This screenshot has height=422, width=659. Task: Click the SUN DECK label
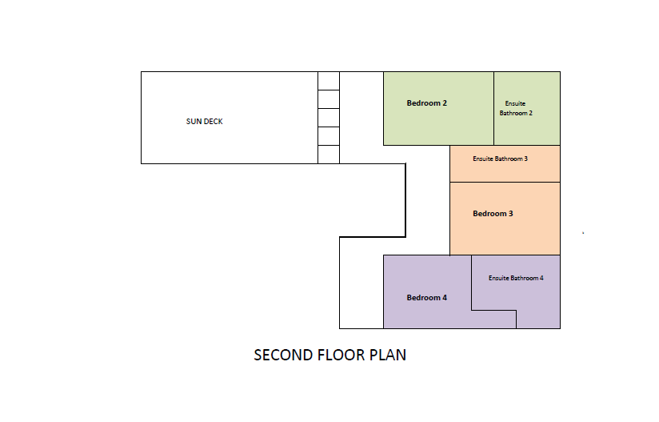pyautogui.click(x=204, y=122)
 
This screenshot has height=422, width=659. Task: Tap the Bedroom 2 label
pyautogui.click(x=426, y=103)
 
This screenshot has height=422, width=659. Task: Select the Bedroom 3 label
pyautogui.click(x=493, y=214)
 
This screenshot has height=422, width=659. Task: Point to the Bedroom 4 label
pyautogui.click(x=426, y=298)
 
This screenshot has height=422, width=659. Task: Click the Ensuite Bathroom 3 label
pyautogui.click(x=500, y=159)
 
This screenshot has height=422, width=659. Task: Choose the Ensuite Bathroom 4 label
pyautogui.click(x=516, y=278)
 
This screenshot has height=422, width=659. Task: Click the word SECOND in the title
pyautogui.click(x=283, y=355)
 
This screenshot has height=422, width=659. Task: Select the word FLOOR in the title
pyautogui.click(x=341, y=355)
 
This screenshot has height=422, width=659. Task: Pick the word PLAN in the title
pyautogui.click(x=388, y=355)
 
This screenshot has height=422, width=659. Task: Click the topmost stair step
pyautogui.click(x=329, y=81)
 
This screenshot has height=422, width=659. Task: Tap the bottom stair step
pyautogui.click(x=329, y=155)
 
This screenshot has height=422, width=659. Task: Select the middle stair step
pyautogui.click(x=329, y=118)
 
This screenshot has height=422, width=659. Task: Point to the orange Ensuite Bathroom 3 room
pyautogui.click(x=505, y=171)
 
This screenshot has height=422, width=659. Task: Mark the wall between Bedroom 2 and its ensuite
pyautogui.click(x=493, y=109)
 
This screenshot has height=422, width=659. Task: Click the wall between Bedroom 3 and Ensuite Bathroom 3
pyautogui.click(x=505, y=183)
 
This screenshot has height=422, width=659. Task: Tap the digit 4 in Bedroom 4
pyautogui.click(x=445, y=298)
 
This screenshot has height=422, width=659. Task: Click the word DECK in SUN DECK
pyautogui.click(x=213, y=122)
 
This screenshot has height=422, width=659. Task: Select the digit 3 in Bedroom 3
pyautogui.click(x=510, y=214)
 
